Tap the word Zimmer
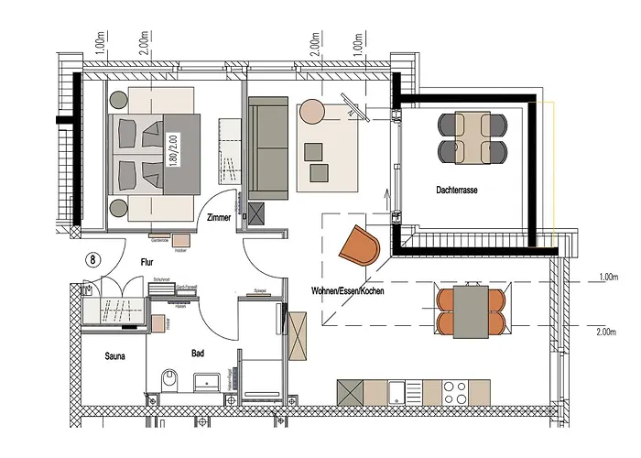click(220, 218)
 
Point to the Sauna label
click(114, 355)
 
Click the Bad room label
click(197, 352)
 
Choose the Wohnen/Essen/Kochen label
click(347, 290)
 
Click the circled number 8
click(92, 259)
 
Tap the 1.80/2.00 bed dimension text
click(171, 148)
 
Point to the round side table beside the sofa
click(313, 112)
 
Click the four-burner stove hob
click(456, 394)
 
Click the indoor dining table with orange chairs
click(470, 311)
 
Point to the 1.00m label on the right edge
click(606, 276)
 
